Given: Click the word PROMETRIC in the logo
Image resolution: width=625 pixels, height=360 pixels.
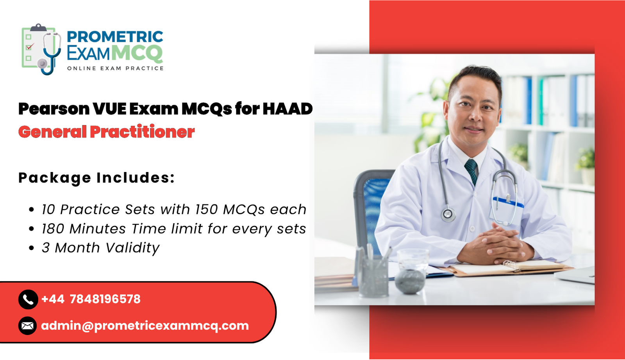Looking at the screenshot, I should coord(115,37).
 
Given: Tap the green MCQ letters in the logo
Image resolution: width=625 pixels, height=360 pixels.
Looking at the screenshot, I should coord(137,53).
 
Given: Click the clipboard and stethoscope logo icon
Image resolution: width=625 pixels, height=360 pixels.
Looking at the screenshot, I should coord(41,49).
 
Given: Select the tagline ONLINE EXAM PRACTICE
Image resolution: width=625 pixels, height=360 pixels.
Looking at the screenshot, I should coord(115,68).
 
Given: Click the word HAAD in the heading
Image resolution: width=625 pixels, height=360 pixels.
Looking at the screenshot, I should coord(287,109).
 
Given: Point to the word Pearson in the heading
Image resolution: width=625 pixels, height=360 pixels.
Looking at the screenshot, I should coord(54,109).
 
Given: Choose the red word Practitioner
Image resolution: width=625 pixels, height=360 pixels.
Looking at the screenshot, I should coord(142,132).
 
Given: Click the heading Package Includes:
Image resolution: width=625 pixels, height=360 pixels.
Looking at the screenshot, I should coord(96,178).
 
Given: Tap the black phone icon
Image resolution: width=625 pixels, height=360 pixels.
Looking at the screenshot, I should coord(28,299).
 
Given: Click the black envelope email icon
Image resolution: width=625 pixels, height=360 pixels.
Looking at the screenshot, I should coord(28,326).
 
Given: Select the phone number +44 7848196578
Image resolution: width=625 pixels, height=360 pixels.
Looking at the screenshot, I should coord(91,299).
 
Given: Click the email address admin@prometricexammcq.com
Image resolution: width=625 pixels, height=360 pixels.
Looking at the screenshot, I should coord(145,326).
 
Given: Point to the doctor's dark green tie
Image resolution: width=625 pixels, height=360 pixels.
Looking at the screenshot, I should coord(471,170).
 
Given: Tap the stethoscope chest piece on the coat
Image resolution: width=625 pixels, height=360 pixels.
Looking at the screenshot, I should coord(448,214).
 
